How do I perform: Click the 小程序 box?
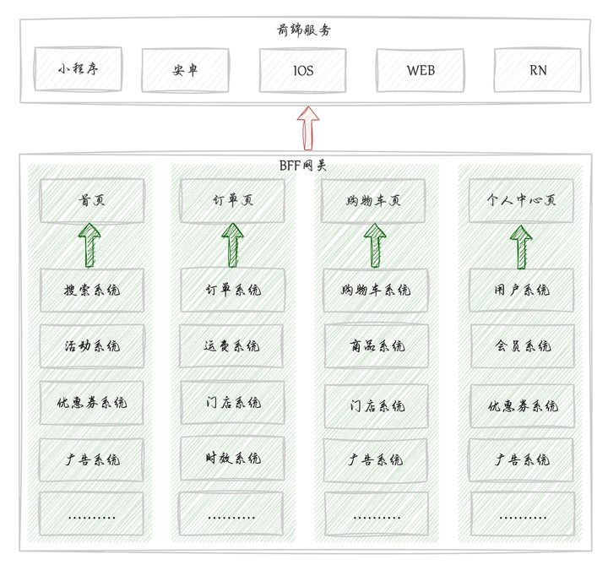[x=78, y=69]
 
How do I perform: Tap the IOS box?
[x=302, y=70]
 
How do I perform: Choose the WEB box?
[x=420, y=70]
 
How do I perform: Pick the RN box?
[x=537, y=70]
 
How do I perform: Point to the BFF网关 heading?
[x=303, y=165]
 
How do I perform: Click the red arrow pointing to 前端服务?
[x=307, y=128]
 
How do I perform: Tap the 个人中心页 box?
[x=521, y=201]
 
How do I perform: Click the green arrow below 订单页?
[x=231, y=246]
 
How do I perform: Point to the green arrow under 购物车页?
[x=375, y=246]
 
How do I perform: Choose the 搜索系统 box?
[x=91, y=290]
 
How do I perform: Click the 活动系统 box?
[x=91, y=345]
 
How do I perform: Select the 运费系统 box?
[x=231, y=345]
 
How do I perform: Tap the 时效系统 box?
[x=231, y=458]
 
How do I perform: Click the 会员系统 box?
[x=521, y=345]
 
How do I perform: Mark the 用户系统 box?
[x=521, y=290]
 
